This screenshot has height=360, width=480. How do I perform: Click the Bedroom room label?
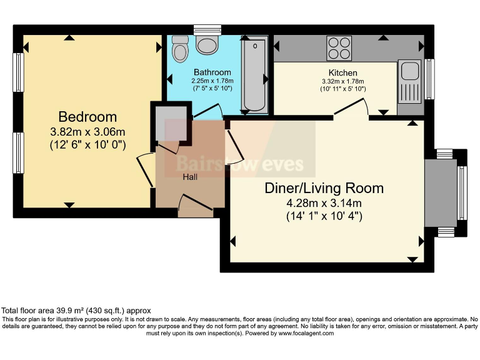click(87, 117)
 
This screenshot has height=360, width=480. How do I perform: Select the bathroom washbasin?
click(206, 43)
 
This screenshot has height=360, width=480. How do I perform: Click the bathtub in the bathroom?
click(254, 76)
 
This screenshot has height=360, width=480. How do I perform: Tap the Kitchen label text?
click(342, 73)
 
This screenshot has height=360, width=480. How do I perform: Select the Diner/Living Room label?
click(324, 188)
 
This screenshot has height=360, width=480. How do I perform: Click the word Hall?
click(191, 177)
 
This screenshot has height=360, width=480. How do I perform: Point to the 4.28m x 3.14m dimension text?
click(324, 202)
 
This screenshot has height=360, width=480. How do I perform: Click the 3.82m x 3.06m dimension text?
click(87, 132)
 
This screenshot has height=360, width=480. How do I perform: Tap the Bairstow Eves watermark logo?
click(239, 164)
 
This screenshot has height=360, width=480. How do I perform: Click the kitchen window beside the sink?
click(430, 79)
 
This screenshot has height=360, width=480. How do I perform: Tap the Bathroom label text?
click(212, 72)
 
